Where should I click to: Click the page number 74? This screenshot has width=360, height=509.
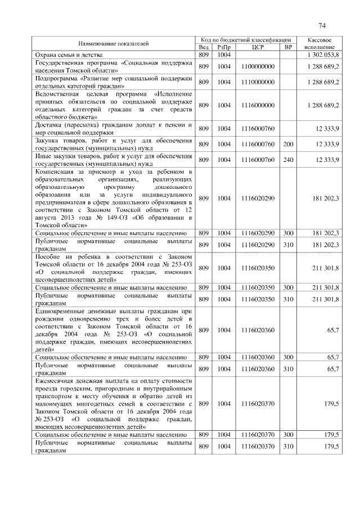(x=322, y=25)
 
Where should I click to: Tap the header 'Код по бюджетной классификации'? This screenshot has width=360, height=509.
(x=246, y=40)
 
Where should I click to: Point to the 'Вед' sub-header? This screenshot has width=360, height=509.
(x=203, y=47)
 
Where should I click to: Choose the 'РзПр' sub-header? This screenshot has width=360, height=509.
(x=224, y=47)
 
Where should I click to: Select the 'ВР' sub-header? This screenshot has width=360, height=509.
(x=288, y=47)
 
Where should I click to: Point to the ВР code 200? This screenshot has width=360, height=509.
(x=288, y=145)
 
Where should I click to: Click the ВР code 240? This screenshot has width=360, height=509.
(x=288, y=160)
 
